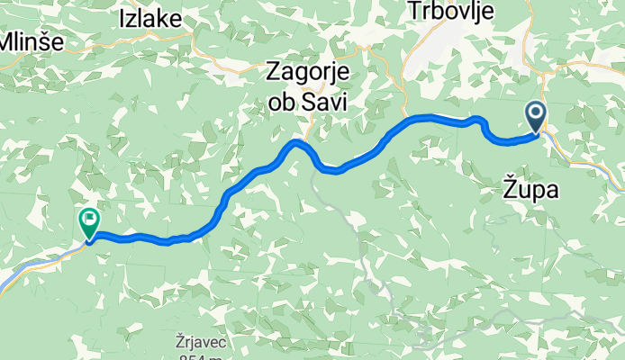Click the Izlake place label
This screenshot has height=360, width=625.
coord(150,19)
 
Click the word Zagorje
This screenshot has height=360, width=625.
coord(309,72)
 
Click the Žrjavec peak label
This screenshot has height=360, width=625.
coord(204,343)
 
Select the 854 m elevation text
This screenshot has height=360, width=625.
coord(204,357)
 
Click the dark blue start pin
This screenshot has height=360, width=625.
coord(536,115)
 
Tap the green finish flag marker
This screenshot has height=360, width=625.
coord(90,219)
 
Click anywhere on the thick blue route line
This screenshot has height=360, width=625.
coord(360,158)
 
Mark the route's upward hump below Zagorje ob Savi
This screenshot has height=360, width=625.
coord(296,143)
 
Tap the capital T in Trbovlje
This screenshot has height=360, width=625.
coord(388,11)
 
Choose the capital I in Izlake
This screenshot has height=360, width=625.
coord(122,19)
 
